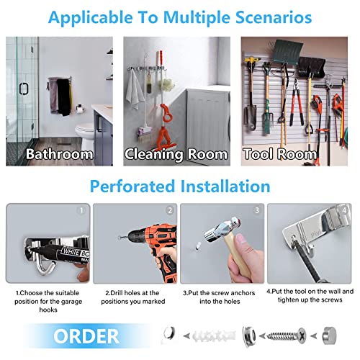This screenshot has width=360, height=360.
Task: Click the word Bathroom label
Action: click(59, 153)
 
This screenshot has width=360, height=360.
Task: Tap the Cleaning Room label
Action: click(176, 153)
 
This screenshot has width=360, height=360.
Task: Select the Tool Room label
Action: click(280, 153)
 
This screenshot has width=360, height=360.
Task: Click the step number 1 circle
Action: click(81, 210)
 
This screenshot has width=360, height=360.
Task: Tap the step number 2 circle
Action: click(170, 210)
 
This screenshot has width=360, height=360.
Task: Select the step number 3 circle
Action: click(257, 210)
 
